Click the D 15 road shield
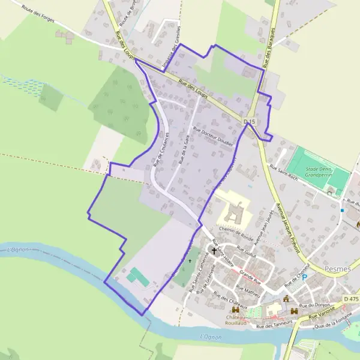pos(250,122)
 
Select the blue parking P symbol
pos(304,277)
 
